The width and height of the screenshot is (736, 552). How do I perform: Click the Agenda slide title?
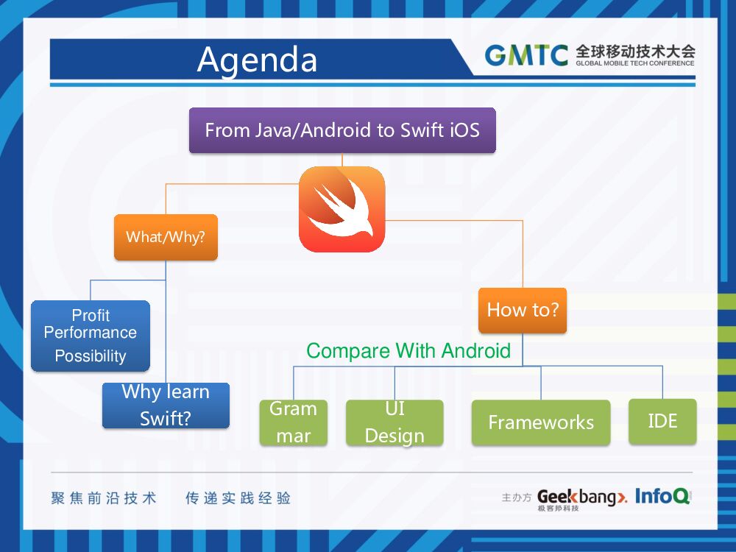coord(257,60)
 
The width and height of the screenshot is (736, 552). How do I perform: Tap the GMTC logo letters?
coord(526,55)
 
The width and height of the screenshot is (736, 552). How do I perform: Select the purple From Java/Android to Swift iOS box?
coord(342,130)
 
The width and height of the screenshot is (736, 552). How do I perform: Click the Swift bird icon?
coord(342,209)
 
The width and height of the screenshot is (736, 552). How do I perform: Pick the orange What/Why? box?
coord(166,237)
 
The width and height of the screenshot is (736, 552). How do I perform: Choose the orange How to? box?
coord(523,310)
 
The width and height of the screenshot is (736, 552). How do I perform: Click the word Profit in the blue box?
coord(91,315)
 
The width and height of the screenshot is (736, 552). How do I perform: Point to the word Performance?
coord(91,333)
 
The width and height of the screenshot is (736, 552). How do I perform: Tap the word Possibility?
coord(91,356)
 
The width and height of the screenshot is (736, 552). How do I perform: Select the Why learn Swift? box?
coord(166,405)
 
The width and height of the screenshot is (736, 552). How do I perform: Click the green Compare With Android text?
coord(408,350)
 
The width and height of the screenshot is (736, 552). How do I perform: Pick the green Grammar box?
coord(293,422)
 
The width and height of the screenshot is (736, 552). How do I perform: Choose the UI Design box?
coord(394,422)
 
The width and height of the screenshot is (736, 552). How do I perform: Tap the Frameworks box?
coord(541,422)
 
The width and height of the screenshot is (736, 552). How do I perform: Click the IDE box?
coord(662,421)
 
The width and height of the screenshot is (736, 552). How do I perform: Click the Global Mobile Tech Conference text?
coord(635,63)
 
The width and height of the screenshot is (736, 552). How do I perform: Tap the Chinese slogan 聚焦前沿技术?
coord(104,498)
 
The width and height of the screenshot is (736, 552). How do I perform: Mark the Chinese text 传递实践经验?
coord(238,498)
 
